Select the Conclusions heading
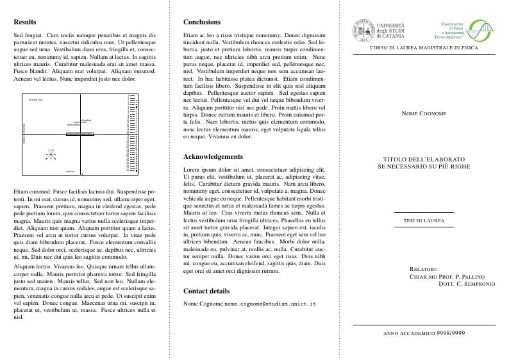coord(202,22)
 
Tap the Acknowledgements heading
coord(213,156)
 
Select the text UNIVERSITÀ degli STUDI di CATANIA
coord(390,31)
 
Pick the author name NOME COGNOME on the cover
coord(424,113)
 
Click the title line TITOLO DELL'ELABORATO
coord(424,159)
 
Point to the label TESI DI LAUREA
coord(424,221)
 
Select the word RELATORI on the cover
coord(424,269)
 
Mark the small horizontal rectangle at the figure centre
coord(79,134)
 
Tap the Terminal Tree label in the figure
coord(35,100)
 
